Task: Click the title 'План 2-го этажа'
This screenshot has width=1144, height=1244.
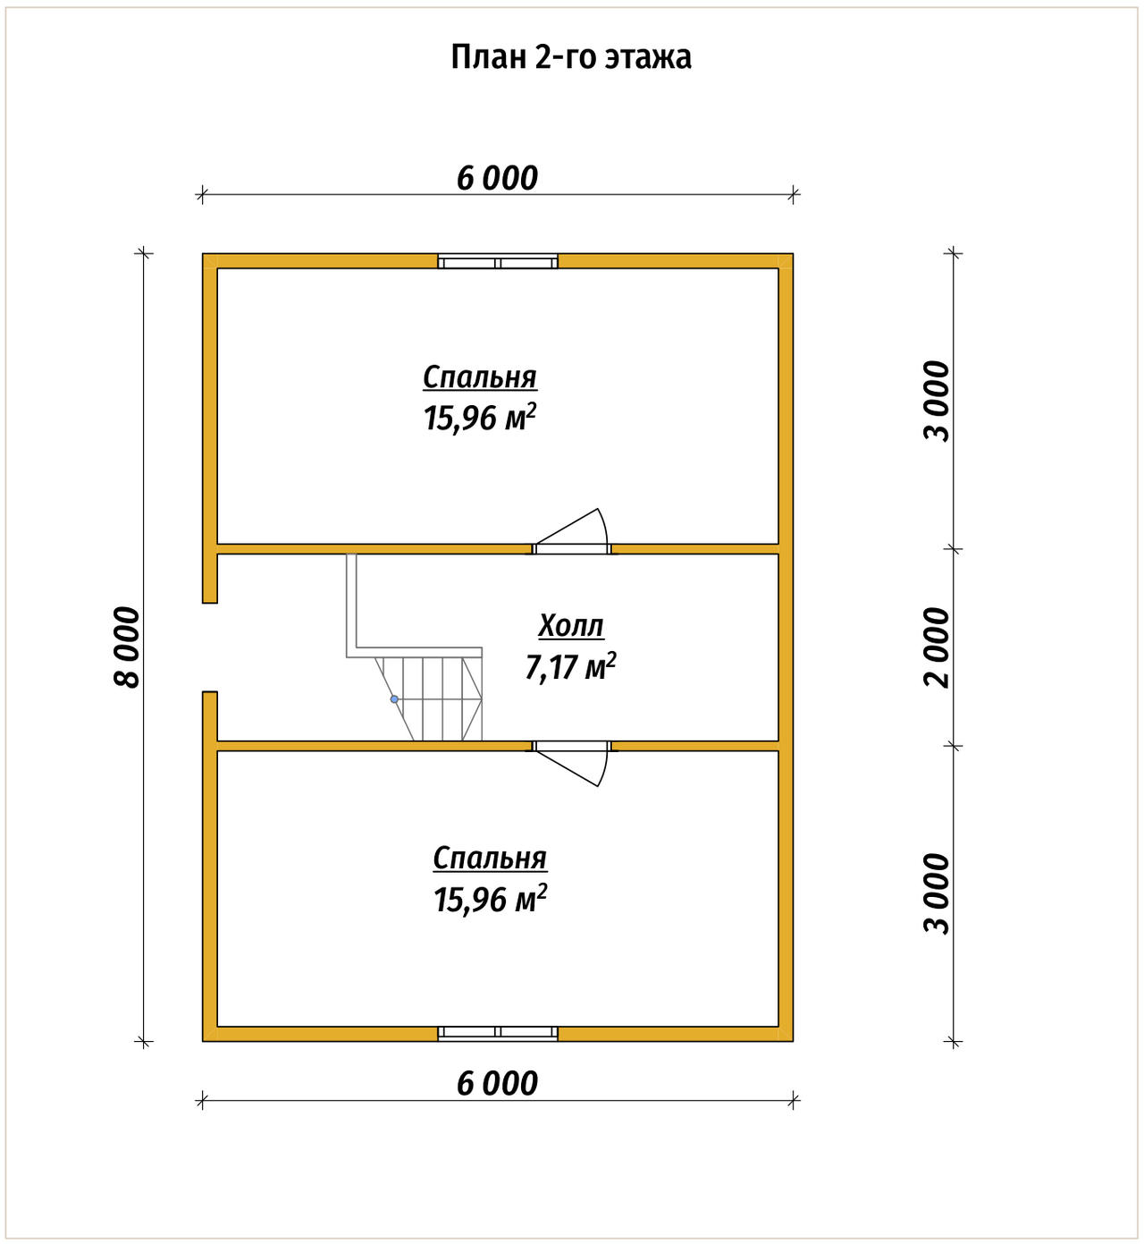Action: (x=571, y=57)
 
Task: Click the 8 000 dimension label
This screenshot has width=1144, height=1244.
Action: (x=127, y=647)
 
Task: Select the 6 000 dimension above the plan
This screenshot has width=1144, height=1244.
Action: (x=497, y=179)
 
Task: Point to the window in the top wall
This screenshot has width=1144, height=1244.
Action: (x=498, y=261)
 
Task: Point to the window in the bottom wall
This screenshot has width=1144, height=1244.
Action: (x=498, y=1033)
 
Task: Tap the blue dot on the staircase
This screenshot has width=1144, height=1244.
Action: (x=394, y=698)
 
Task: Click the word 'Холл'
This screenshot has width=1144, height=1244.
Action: (x=571, y=626)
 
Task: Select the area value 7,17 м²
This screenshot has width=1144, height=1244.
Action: (x=571, y=666)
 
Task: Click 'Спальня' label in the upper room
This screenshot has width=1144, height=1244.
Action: (x=480, y=377)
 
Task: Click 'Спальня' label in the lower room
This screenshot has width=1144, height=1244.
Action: (x=490, y=859)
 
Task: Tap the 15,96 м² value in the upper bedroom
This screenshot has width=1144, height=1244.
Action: (x=480, y=418)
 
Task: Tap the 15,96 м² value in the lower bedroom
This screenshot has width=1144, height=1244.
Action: (x=490, y=899)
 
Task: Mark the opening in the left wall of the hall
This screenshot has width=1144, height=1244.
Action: (x=209, y=647)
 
